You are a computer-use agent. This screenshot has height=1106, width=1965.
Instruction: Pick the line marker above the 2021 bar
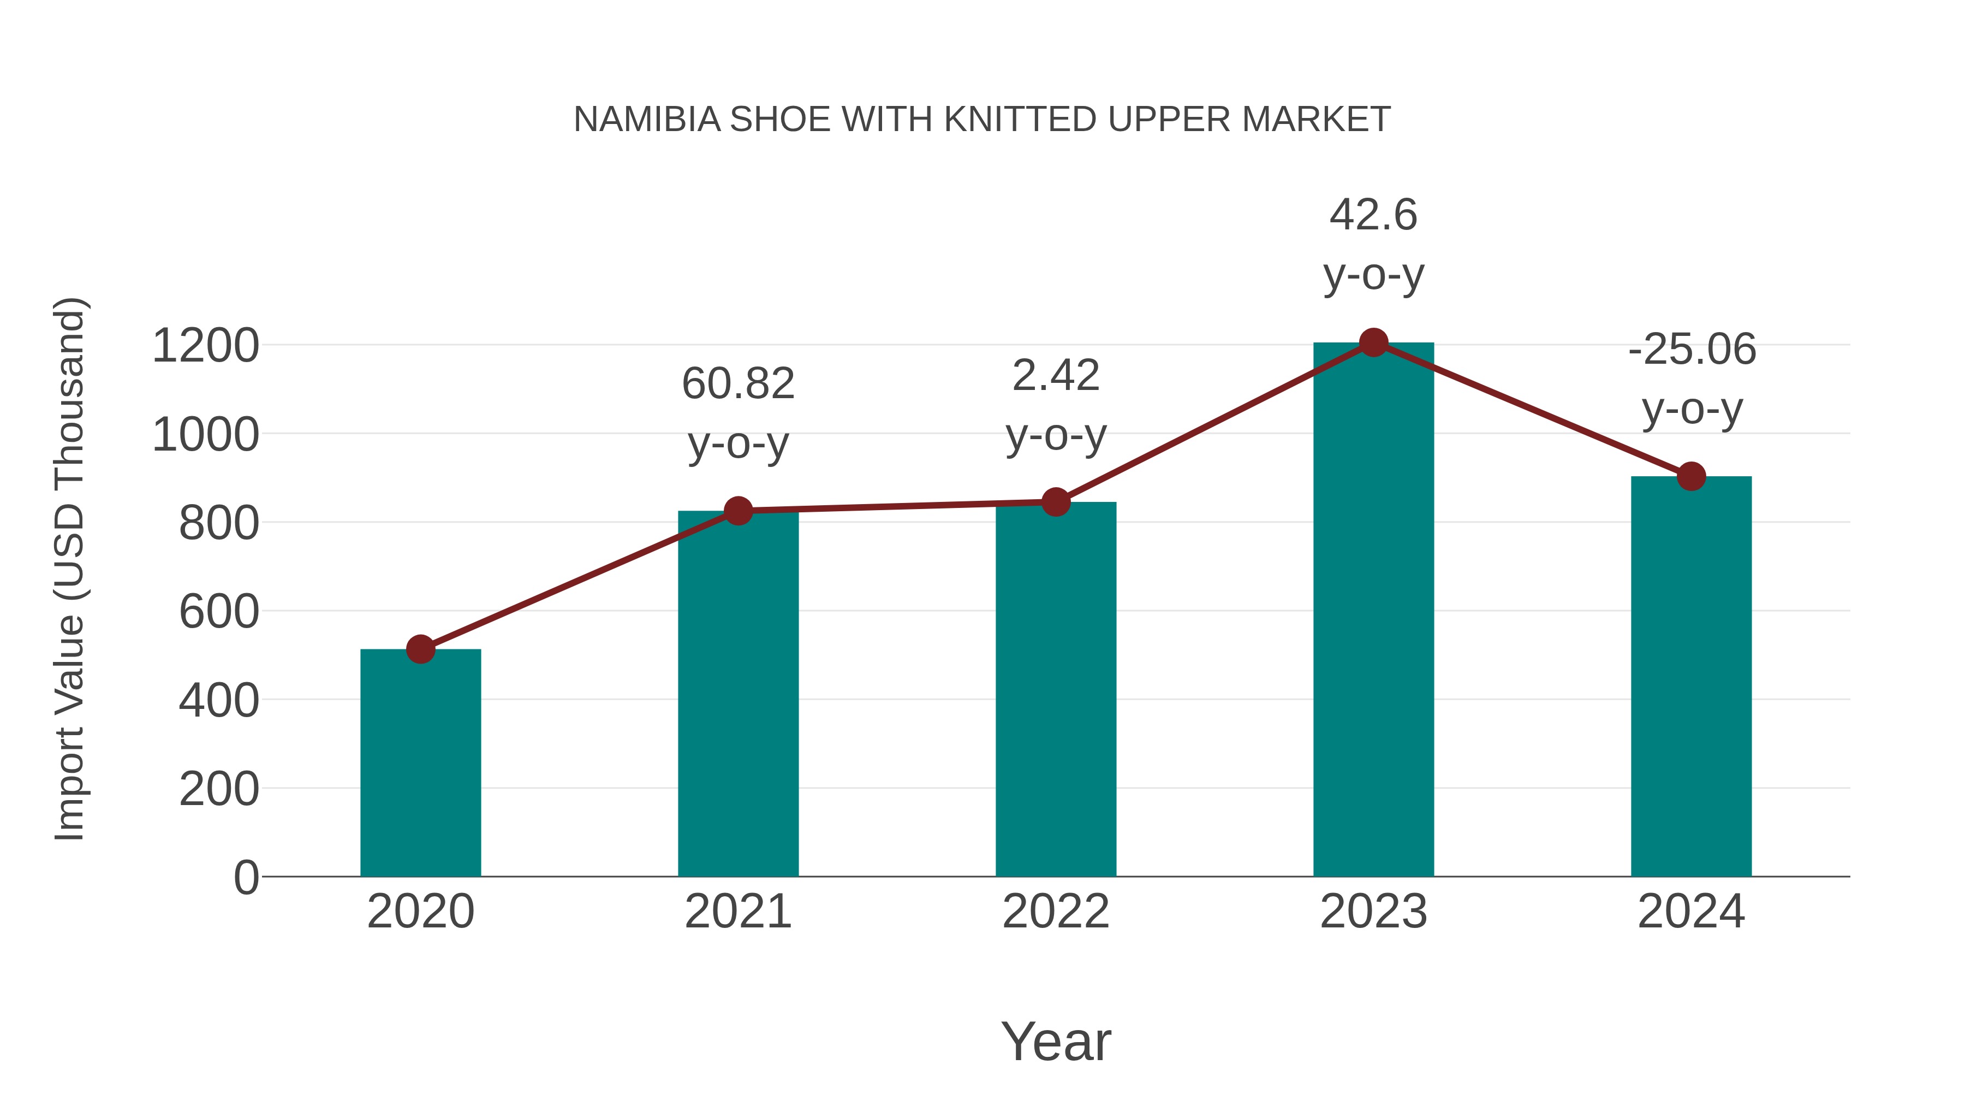tap(737, 511)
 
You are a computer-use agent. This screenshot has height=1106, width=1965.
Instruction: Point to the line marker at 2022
tap(1056, 502)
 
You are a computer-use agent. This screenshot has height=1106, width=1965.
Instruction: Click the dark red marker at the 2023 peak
tap(1373, 342)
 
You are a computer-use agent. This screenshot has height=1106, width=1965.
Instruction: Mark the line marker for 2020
tap(420, 649)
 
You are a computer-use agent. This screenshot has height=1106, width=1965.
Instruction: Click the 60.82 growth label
tap(737, 383)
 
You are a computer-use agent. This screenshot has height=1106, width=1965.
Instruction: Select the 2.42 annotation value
tap(1056, 376)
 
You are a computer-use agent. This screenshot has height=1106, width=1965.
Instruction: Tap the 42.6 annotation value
tap(1373, 215)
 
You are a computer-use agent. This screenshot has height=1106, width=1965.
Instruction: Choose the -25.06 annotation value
tap(1691, 350)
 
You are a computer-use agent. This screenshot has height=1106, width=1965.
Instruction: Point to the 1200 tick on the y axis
tap(205, 346)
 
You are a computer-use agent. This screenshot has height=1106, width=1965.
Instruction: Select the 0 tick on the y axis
tap(246, 877)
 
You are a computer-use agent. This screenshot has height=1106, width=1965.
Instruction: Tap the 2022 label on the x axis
tap(1056, 912)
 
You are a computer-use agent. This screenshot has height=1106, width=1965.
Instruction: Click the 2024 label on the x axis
tap(1690, 912)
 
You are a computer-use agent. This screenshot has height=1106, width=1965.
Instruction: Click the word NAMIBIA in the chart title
tap(647, 119)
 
